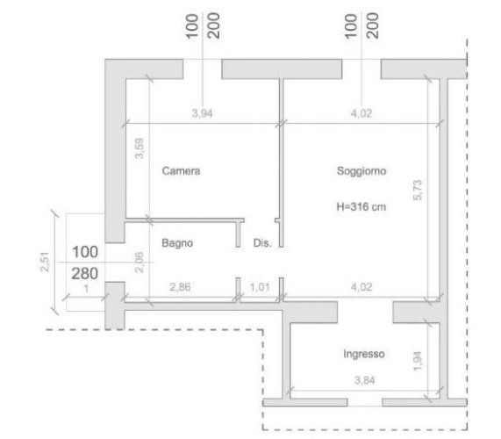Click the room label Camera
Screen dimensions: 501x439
coord(181,170)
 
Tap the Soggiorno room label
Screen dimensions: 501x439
coord(361,171)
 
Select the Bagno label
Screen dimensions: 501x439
coord(177,243)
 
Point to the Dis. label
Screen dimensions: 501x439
coord(262,243)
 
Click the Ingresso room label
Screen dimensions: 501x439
coord(364,354)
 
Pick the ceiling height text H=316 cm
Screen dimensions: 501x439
coord(361,206)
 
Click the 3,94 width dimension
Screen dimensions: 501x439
coord(203,113)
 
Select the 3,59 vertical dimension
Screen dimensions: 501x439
coord(140,148)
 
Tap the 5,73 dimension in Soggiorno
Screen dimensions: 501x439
coord(418,191)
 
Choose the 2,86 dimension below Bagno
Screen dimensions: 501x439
coord(180,287)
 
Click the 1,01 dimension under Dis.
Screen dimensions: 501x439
coord(260,287)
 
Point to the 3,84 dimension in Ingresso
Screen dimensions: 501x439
coord(365,380)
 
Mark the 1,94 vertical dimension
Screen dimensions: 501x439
coord(418,361)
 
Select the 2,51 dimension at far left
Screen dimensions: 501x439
coord(45,263)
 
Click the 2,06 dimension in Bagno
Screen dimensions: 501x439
coord(140,263)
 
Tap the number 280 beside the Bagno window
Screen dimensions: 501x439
coord(85,274)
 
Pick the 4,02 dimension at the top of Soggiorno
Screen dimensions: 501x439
coord(361,113)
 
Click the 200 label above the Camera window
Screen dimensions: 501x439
coord(214,25)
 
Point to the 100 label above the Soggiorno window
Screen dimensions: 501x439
coord(351,26)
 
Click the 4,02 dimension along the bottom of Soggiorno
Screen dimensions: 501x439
coord(361,287)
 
